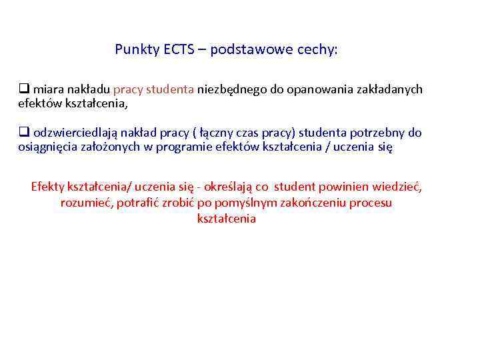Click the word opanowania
(317, 89)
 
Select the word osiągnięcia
(46, 147)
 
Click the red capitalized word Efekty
(47, 186)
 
